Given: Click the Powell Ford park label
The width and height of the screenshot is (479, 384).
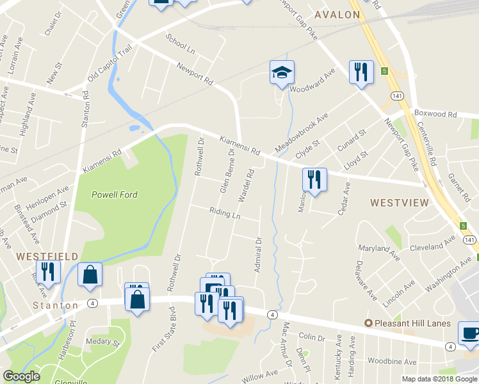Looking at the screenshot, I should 115,195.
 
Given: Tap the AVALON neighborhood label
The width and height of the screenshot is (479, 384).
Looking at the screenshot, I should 337,14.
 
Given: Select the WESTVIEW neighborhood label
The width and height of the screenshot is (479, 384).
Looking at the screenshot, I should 399,203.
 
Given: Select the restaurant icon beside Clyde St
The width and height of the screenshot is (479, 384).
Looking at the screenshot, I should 314,179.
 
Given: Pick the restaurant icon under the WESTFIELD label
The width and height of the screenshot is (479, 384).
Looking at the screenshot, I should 48,271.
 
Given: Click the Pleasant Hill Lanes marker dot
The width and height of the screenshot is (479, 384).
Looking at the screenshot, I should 368,323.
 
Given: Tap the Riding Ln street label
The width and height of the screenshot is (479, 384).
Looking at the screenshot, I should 225,213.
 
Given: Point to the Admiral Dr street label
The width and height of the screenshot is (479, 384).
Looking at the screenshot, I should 259,255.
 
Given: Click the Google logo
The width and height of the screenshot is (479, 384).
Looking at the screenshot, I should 21,376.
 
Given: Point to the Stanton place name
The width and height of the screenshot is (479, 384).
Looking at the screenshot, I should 56,305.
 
